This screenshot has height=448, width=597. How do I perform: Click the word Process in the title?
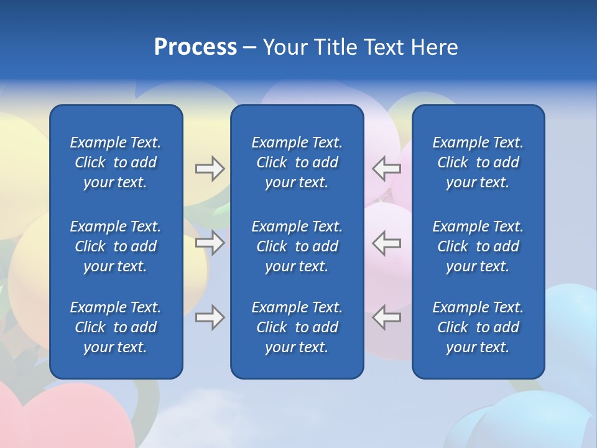195,47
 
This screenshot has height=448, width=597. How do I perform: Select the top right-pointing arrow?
210,169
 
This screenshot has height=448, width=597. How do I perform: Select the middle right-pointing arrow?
210,243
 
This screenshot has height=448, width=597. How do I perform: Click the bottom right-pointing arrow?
210,317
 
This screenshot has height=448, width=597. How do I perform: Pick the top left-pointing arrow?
387,169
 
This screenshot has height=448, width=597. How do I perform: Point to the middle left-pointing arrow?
387,243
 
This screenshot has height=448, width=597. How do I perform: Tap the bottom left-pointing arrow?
387,317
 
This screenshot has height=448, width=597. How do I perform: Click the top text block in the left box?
116,162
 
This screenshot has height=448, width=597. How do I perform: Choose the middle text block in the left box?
116,246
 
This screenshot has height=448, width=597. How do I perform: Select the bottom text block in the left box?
116,327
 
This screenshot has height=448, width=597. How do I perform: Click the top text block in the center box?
297,162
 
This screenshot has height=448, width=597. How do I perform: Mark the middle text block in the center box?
297,246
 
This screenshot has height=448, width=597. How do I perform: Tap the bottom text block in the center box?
297,327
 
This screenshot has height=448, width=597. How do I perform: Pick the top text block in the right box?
478,162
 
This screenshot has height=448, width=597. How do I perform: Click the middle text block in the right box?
478,246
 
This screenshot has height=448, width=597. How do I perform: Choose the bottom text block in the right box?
478,327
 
